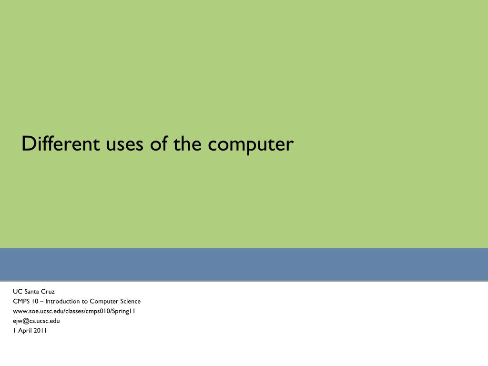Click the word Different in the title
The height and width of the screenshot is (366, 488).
58,143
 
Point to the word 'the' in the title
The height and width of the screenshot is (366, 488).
187,143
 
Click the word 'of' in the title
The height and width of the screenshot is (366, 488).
159,143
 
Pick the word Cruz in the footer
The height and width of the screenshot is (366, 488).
48,291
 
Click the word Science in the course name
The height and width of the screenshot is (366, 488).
129,301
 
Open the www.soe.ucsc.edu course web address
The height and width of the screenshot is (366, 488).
74,311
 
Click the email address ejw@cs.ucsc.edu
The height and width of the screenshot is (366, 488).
36,321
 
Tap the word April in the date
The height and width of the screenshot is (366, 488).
24,331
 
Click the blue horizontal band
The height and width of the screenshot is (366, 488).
244,264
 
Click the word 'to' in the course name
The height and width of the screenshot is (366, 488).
85,301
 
